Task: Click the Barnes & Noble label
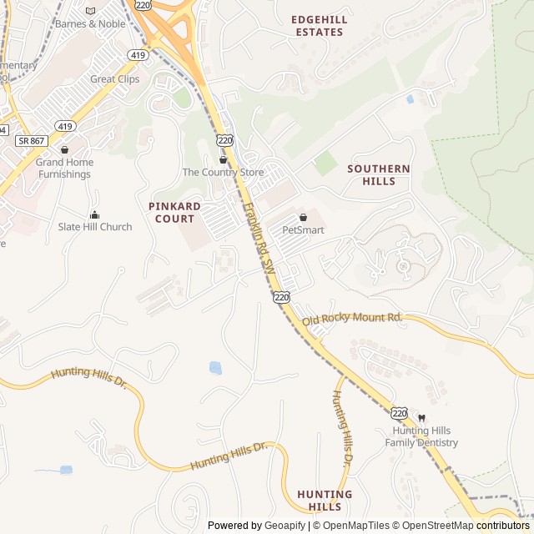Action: (89, 24)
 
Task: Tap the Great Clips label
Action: (115, 79)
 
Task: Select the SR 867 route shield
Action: (30, 141)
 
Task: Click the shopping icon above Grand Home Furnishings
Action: (64, 150)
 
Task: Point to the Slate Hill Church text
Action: (95, 227)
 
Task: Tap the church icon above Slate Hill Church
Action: (94, 214)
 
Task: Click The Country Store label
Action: (223, 173)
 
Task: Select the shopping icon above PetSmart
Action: (303, 217)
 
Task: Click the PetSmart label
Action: (303, 229)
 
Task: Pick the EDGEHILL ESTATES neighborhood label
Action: (317, 25)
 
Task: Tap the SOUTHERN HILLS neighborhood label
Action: (379, 174)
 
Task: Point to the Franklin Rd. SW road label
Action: (259, 238)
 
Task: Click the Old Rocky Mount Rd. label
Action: (352, 319)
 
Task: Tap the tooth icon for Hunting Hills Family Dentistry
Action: (421, 417)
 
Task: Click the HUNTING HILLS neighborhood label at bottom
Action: (325, 500)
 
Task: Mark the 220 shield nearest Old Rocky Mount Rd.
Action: (281, 296)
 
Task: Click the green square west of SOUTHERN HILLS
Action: (325, 163)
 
